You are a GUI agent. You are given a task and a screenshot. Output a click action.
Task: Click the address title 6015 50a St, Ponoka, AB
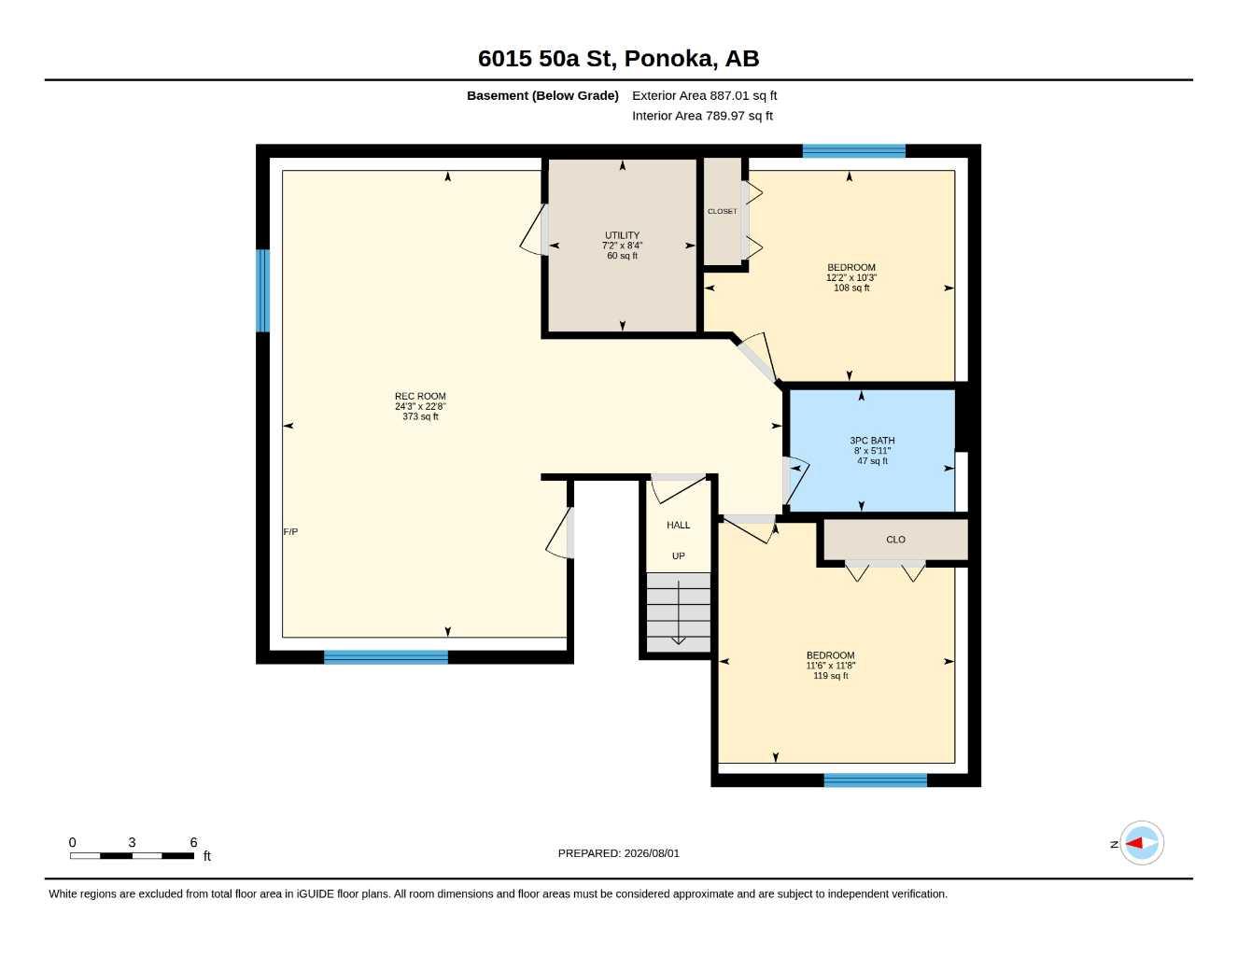[618, 59]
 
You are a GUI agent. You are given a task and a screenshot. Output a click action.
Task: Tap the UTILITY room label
[622, 235]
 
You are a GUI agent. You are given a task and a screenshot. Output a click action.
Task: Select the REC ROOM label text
[420, 396]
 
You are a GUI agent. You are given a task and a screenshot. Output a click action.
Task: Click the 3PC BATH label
[872, 441]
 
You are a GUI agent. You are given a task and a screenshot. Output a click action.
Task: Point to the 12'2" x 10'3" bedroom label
[851, 277]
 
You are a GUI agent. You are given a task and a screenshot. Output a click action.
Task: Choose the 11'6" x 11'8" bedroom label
[831, 666]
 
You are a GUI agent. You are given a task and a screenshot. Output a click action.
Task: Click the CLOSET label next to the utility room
[723, 211]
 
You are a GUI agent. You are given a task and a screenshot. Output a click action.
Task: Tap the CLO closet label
[895, 540]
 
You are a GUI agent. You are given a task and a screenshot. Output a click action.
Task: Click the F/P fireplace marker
[290, 531]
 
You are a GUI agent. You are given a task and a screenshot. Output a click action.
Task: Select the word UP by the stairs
[678, 556]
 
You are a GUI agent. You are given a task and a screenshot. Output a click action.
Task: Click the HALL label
[678, 525]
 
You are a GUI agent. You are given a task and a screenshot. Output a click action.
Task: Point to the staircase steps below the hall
[678, 612]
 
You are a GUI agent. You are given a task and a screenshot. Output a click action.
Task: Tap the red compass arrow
[1134, 843]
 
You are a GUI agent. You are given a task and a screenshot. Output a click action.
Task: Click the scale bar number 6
[193, 842]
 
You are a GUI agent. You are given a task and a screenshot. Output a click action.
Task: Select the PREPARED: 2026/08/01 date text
[619, 853]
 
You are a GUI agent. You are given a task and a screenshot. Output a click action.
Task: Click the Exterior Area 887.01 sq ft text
[704, 95]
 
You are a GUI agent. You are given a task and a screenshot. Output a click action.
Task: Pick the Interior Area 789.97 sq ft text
[702, 116]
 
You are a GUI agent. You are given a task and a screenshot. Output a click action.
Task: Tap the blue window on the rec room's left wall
[262, 290]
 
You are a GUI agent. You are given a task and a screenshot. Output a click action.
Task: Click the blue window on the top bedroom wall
[854, 151]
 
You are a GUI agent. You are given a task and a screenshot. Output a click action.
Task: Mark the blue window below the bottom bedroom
[876, 780]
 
